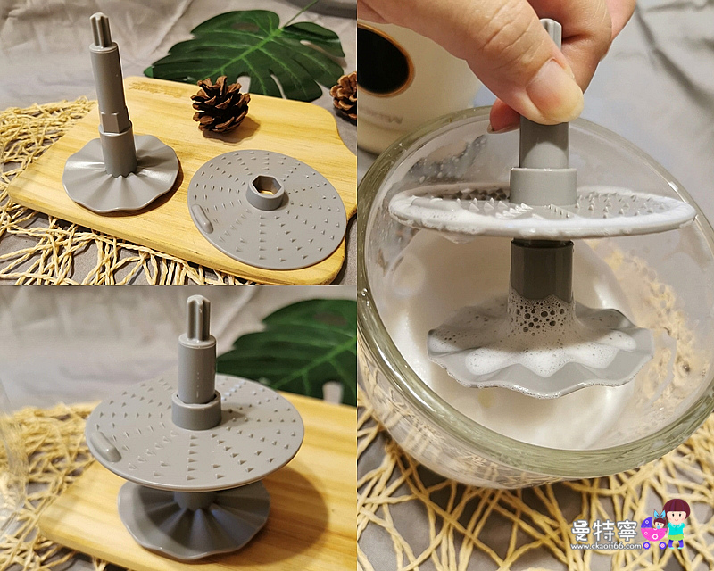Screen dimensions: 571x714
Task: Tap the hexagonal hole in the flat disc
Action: (265, 189)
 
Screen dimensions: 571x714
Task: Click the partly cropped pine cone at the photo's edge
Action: (346, 95)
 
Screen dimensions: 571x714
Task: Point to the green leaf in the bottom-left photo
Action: (295, 348)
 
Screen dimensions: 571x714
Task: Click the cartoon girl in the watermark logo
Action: (677, 523)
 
